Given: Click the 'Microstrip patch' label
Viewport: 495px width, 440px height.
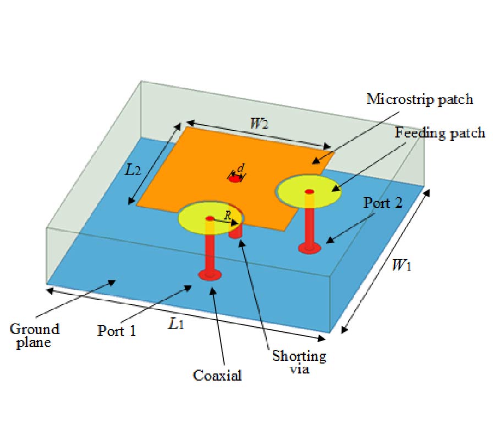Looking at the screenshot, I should coord(420,100).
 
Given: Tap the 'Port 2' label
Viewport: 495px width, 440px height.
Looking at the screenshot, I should coord(383,202).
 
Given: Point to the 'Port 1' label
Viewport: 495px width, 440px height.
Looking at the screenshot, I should coord(117,331).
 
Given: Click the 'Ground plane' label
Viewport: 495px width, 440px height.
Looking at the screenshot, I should coord(35,335).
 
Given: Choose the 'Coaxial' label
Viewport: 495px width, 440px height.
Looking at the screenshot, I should coord(217,376).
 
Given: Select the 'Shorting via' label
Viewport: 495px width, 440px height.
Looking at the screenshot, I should coord(299,362).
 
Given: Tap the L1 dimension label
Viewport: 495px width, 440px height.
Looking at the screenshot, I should coord(175,324).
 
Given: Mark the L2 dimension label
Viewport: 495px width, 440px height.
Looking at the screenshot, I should coord(133,169).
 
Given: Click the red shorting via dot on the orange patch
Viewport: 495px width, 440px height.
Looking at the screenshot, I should coord(235,179).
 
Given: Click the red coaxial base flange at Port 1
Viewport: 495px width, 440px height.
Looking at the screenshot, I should coord(210,274).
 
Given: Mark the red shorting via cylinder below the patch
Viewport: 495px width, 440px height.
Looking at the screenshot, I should coord(235,231).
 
